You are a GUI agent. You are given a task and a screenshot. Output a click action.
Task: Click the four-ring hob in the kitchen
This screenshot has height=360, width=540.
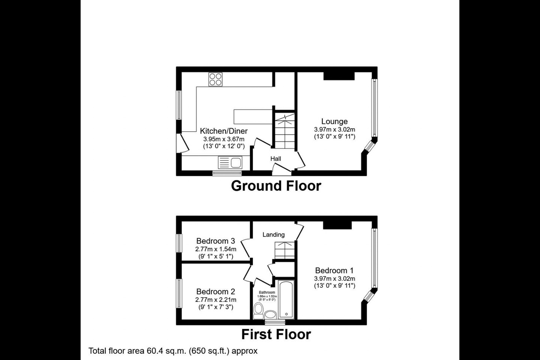pos(215,79)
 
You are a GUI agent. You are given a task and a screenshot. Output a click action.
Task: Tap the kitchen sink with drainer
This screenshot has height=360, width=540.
pos(230,163)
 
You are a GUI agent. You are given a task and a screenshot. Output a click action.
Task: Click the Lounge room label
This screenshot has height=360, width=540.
pos(334,121)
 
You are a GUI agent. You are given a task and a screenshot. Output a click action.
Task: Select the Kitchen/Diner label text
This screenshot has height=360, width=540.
pos(223,131)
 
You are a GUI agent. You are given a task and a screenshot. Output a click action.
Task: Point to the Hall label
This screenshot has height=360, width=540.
pos(276,159)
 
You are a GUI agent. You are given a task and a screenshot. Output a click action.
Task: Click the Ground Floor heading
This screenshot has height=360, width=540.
pos(276,186)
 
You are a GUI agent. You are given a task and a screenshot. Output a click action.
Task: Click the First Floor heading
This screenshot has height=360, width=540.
pos(276,334)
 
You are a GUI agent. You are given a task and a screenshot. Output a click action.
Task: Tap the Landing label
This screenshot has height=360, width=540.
pos(273,235)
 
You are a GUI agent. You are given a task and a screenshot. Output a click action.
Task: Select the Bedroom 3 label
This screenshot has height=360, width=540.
pos(216,241)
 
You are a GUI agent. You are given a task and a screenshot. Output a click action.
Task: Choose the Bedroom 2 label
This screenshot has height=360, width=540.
pos(216,292)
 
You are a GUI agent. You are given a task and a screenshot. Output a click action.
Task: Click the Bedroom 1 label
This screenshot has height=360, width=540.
pos(334,270)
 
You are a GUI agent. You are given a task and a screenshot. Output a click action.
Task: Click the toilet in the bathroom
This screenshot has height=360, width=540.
pos(258,310)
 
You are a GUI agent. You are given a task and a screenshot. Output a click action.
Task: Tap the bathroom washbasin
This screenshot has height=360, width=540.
pos(270,314)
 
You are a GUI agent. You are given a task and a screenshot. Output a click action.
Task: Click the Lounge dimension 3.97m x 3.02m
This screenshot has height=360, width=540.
pos(334,129)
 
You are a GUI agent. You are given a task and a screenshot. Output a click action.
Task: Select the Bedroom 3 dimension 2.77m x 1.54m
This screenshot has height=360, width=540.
pos(216,249)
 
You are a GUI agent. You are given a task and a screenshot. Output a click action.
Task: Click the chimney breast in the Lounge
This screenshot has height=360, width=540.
pos(339,76)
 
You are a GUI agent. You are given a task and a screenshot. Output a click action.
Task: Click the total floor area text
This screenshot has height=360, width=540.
pos(173,351)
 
